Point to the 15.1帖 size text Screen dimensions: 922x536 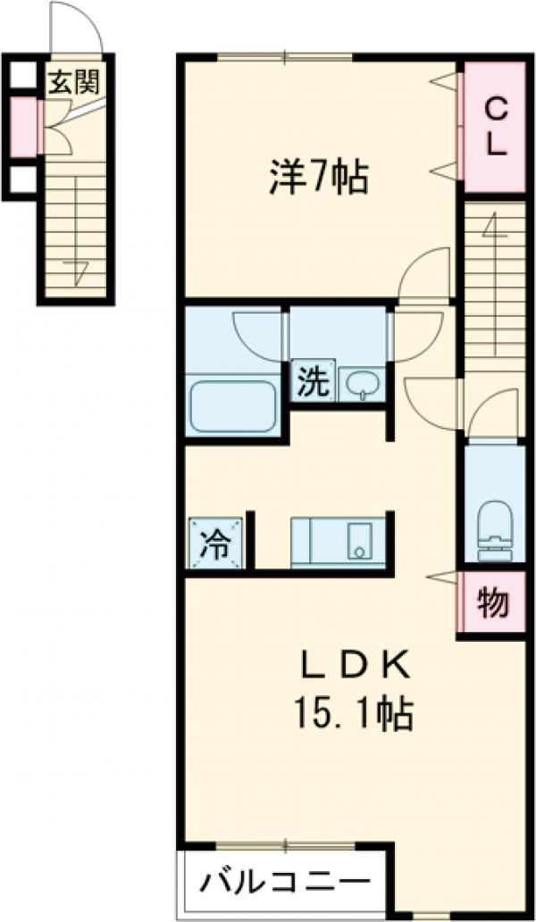(351, 712)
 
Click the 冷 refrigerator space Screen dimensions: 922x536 (213, 544)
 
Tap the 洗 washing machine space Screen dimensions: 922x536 (312, 383)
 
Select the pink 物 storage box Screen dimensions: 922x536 (491, 605)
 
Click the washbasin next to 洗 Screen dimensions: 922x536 (363, 384)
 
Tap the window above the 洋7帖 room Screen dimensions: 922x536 (285, 58)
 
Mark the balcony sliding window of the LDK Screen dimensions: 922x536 (285, 844)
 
